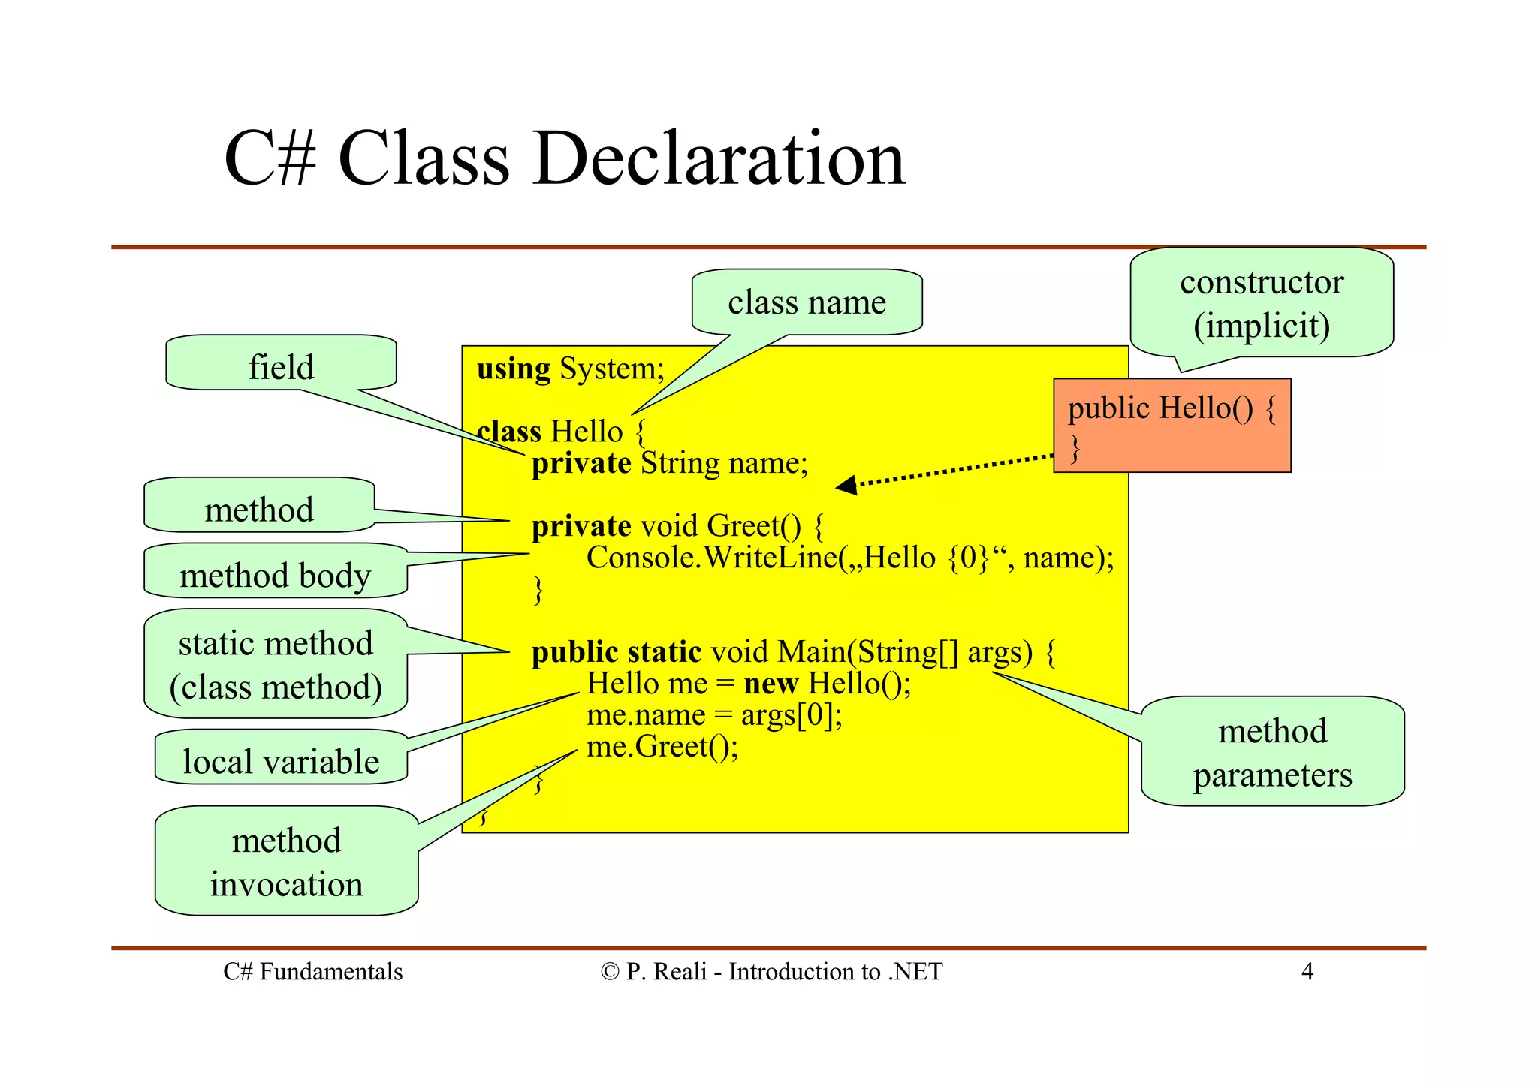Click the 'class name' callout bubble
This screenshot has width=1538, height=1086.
coord(807,302)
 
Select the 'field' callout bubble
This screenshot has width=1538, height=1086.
coord(281,366)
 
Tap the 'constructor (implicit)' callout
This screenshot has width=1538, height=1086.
coord(1262,303)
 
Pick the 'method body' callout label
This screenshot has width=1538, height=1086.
coord(275,574)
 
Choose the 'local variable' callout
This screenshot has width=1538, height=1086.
coord(281,760)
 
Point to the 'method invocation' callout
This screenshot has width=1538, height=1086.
coord(286,862)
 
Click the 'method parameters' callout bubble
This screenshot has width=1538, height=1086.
coord(1272,752)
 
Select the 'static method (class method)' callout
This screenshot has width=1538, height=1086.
coord(275,664)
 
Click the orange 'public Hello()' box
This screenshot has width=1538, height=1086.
coord(1172,426)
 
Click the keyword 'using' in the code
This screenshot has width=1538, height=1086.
coord(514,369)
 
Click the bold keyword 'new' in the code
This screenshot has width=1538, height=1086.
coord(771,684)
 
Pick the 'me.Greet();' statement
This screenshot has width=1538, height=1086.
coord(662,747)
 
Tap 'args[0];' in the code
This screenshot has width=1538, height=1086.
coord(792,715)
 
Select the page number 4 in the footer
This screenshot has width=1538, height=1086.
coord(1307,971)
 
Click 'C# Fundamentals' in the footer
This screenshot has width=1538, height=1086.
coord(312,971)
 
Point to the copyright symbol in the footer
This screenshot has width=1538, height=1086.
coord(609,972)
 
